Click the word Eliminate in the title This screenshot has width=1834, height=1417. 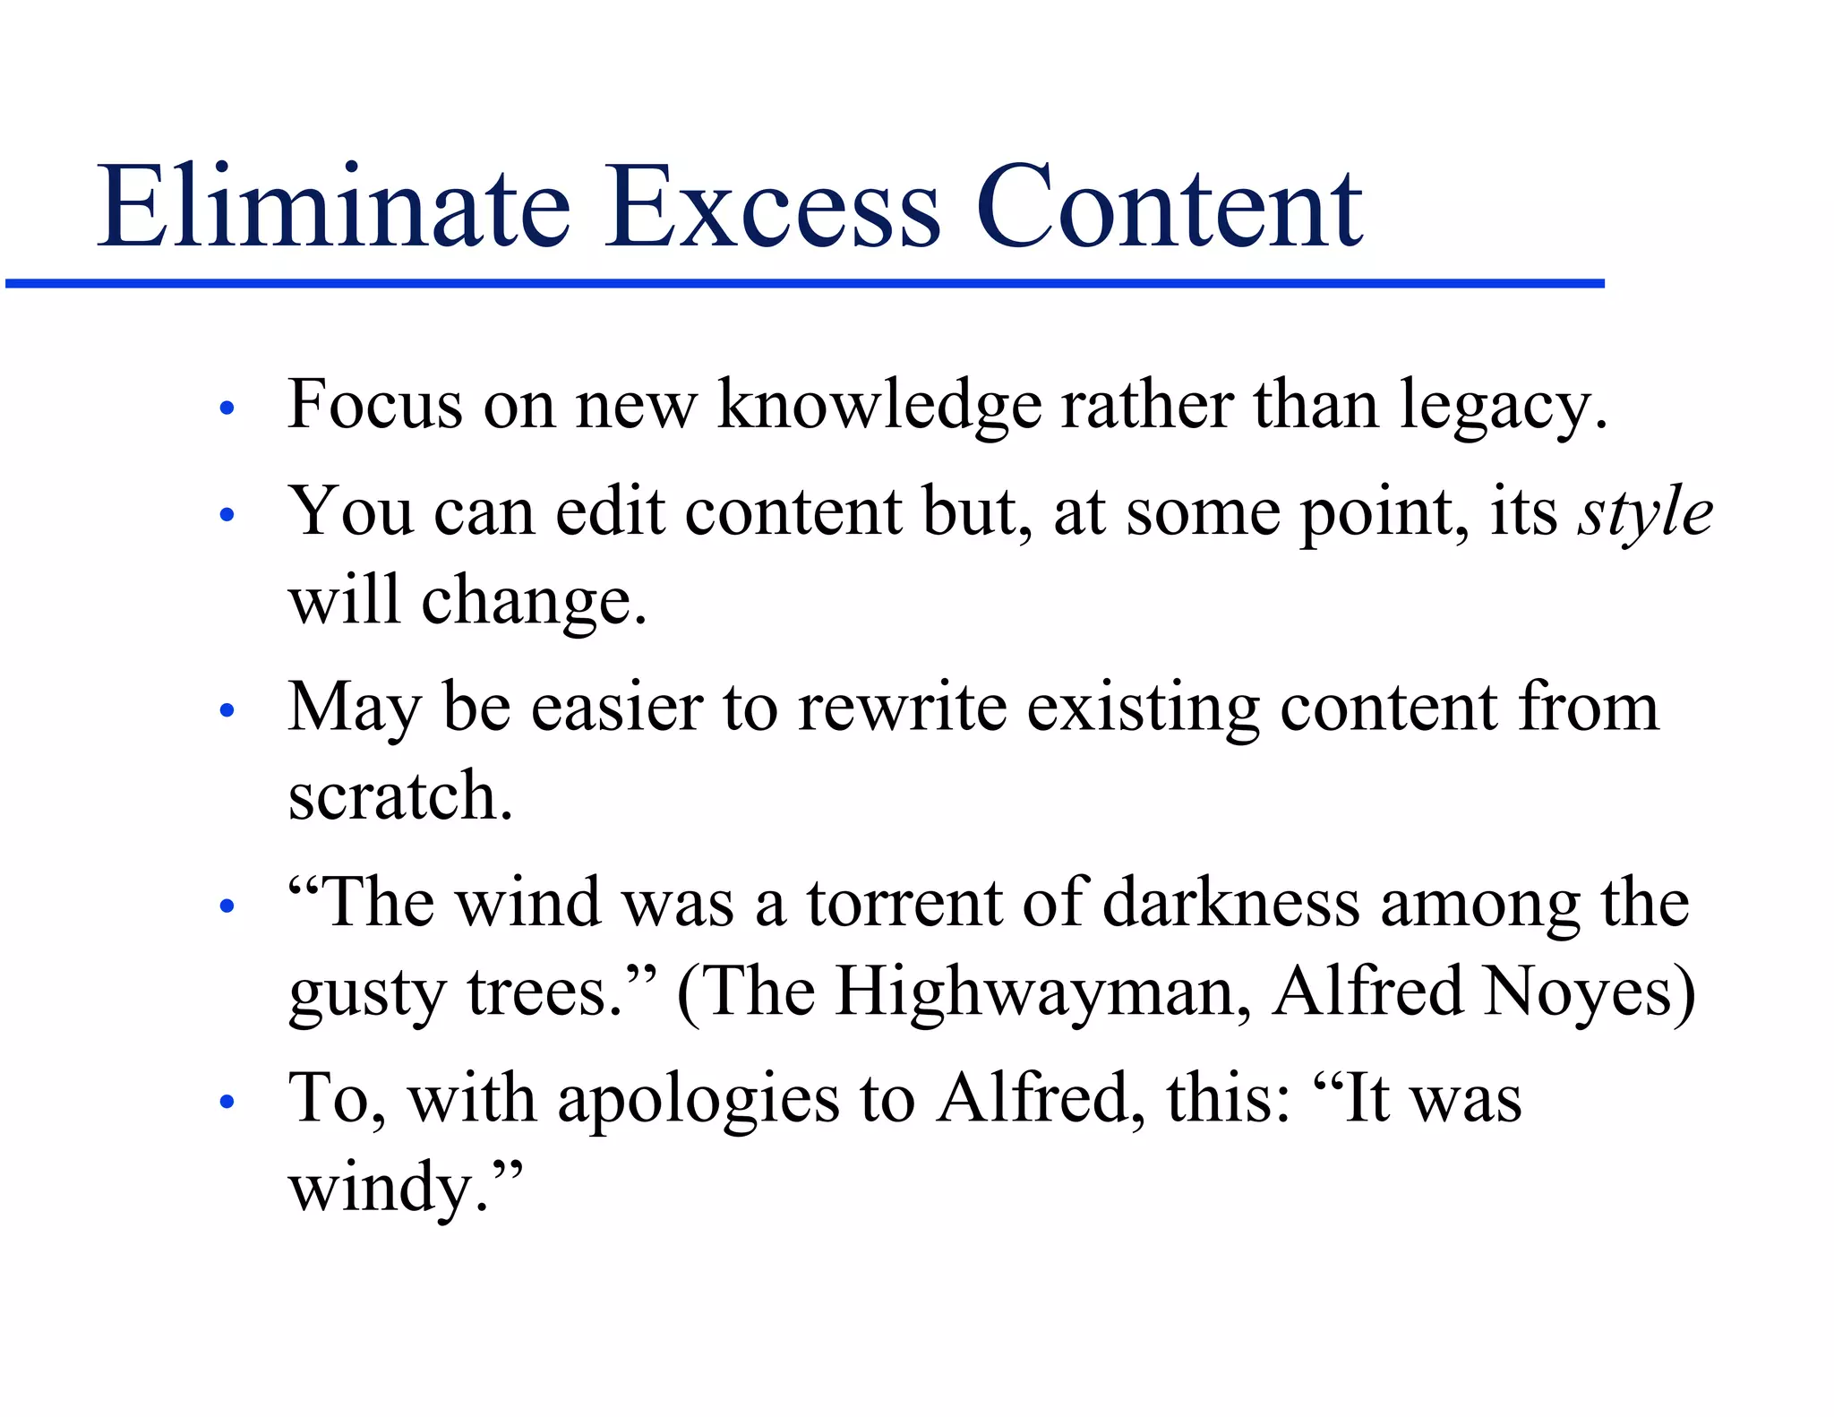(333, 208)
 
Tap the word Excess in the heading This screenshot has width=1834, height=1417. (772, 208)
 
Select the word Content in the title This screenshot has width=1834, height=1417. (1168, 208)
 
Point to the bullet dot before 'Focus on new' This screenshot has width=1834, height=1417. (227, 409)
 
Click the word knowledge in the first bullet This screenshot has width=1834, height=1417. (879, 405)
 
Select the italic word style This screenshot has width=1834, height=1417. (1645, 512)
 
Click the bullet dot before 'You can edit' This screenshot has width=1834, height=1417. (227, 516)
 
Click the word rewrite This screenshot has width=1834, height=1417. (902, 708)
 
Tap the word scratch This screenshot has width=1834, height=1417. (399, 795)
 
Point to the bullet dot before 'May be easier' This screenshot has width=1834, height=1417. (227, 711)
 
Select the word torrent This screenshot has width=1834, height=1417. (904, 903)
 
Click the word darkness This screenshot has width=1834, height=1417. (1231, 903)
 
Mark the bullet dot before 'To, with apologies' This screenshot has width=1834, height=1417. (227, 1103)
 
